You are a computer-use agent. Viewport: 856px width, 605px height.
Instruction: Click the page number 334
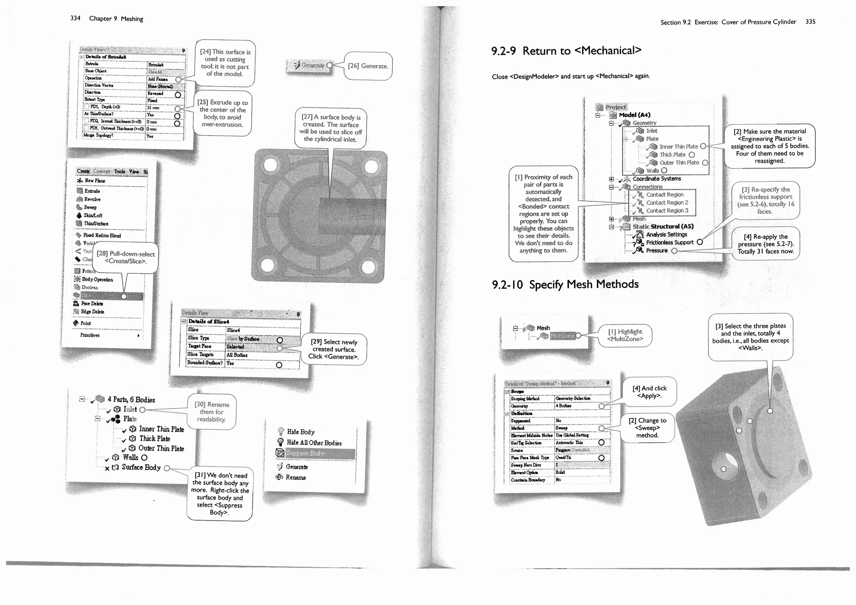[x=75, y=18]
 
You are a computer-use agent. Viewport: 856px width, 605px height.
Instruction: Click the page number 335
[x=810, y=22]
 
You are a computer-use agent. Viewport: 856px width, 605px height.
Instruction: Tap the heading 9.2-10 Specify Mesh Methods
[x=565, y=285]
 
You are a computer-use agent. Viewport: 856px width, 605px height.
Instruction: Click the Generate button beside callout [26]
[x=312, y=65]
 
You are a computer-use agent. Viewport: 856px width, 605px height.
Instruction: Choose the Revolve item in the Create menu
[x=92, y=199]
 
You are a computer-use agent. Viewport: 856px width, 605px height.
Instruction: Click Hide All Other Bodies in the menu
[x=313, y=443]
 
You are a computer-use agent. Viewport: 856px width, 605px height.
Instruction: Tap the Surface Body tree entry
[x=140, y=468]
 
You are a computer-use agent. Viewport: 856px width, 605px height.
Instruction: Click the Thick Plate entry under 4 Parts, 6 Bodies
[x=154, y=439]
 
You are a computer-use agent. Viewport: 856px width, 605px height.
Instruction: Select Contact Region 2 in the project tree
[x=667, y=203]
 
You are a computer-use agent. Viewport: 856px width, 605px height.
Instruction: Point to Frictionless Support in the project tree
[x=669, y=242]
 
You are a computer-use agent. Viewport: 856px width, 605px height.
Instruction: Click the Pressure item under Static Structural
[x=657, y=251]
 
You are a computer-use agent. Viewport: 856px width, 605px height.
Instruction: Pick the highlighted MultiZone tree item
[x=562, y=336]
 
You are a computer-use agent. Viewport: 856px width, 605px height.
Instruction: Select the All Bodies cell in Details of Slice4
[x=237, y=355]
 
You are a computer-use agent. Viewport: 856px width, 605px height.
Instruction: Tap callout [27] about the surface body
[x=331, y=128]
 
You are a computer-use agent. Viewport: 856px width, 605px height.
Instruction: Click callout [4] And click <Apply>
[x=649, y=392]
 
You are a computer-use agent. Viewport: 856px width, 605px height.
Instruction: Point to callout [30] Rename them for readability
[x=211, y=412]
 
